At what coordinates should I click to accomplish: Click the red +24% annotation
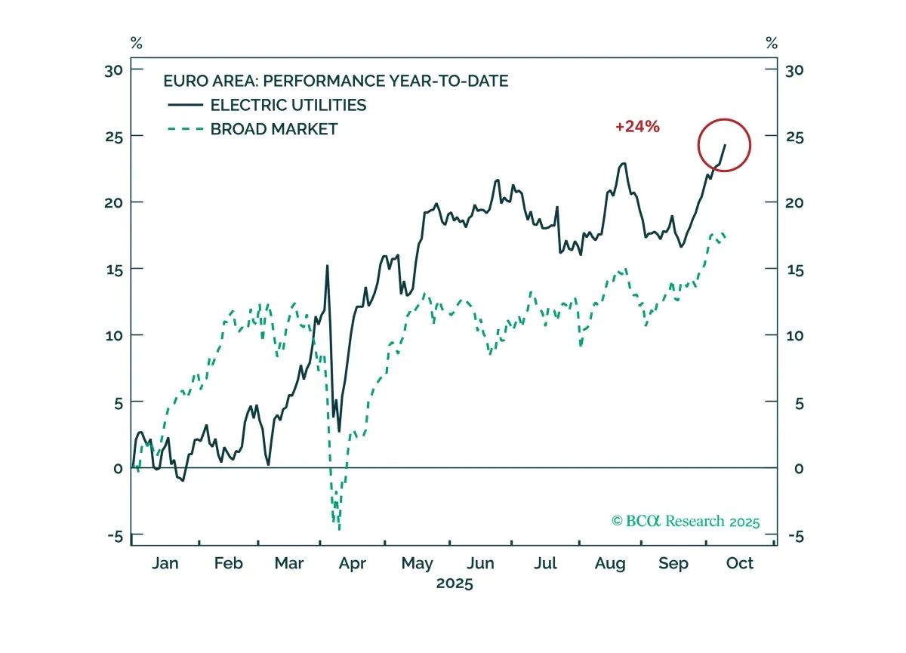click(x=637, y=127)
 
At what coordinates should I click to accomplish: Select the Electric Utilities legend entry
click(x=267, y=105)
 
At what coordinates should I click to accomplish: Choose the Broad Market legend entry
click(x=253, y=129)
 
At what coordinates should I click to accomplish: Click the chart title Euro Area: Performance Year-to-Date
click(x=336, y=81)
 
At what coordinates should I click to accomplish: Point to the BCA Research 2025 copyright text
click(x=686, y=521)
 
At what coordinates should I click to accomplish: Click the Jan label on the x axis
click(x=165, y=563)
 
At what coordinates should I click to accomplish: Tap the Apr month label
click(x=353, y=564)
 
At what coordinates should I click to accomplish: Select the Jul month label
click(x=546, y=563)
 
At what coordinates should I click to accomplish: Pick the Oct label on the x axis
click(x=740, y=563)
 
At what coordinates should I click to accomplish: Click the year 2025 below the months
click(x=455, y=584)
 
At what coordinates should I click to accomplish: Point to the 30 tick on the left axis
click(x=114, y=71)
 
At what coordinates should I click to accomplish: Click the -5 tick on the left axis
click(x=116, y=537)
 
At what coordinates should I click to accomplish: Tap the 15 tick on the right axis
click(x=795, y=270)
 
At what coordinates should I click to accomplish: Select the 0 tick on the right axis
click(x=799, y=469)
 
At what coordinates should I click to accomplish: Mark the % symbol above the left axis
click(x=137, y=43)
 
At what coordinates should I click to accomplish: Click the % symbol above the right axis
click(x=772, y=43)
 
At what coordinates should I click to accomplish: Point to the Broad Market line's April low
click(x=339, y=529)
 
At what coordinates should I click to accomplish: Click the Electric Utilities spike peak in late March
click(x=327, y=266)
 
